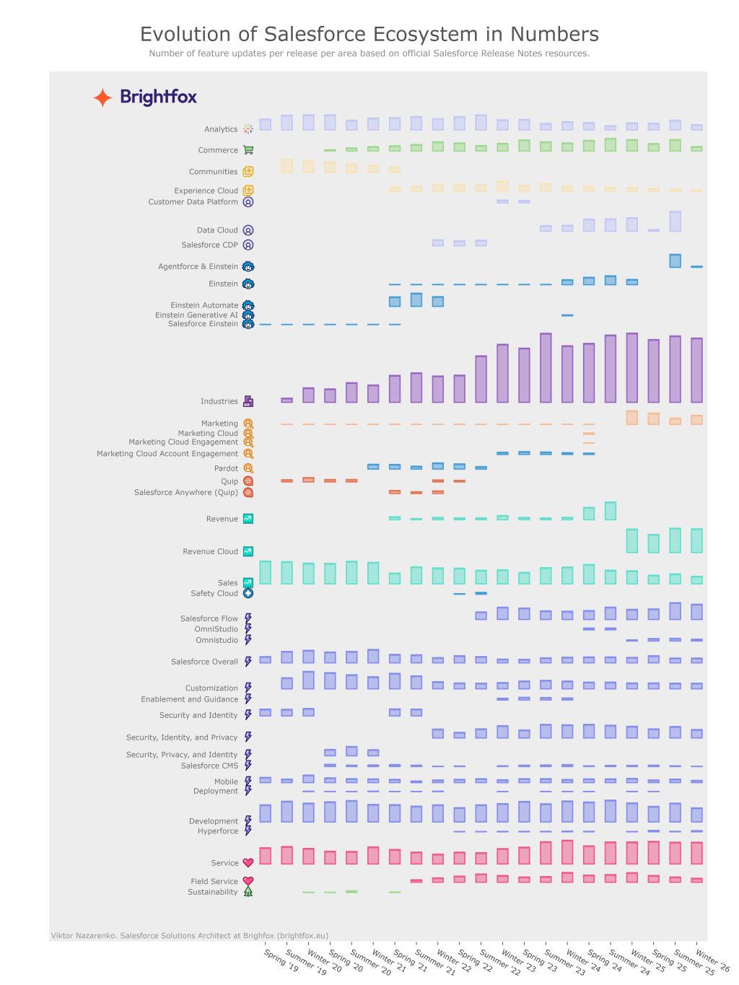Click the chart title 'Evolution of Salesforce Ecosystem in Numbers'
pos(369,34)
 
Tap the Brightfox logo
pos(145,97)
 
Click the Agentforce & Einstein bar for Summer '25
pos(675,261)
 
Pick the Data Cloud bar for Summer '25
pos(675,222)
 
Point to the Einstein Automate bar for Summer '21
pos(416,300)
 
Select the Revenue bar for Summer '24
pos(611,511)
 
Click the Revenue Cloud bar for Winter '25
pos(632,541)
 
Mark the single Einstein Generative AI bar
pos(567,315)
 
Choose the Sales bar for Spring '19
pos(266,572)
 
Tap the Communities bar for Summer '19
pos(287,166)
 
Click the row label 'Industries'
pos(219,401)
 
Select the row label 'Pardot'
pos(226,468)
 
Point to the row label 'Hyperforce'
pos(217,831)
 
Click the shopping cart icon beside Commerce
pos(248,150)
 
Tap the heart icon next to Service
pos(248,863)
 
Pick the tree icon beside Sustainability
pos(248,892)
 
